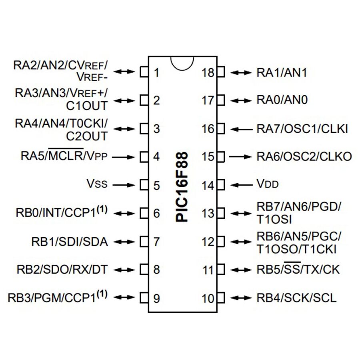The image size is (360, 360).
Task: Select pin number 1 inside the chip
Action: tap(156, 73)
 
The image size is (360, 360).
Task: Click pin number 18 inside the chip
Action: tap(208, 73)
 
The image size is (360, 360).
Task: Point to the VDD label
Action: tap(267, 185)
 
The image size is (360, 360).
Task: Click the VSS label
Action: tap(96, 185)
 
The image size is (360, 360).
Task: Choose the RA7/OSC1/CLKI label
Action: tap(302, 129)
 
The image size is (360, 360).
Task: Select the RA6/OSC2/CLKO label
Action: tap(304, 156)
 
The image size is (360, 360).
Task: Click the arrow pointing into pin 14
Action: tap(242, 185)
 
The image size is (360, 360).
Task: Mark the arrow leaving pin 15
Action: tap(242, 156)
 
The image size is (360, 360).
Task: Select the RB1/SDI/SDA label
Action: tap(69, 242)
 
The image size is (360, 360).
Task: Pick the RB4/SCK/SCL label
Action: tap(296, 298)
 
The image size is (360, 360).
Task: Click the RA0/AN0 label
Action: tap(282, 100)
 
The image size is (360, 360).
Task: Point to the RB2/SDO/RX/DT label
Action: tap(62, 269)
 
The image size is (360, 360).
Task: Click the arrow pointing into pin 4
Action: tap(124, 157)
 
